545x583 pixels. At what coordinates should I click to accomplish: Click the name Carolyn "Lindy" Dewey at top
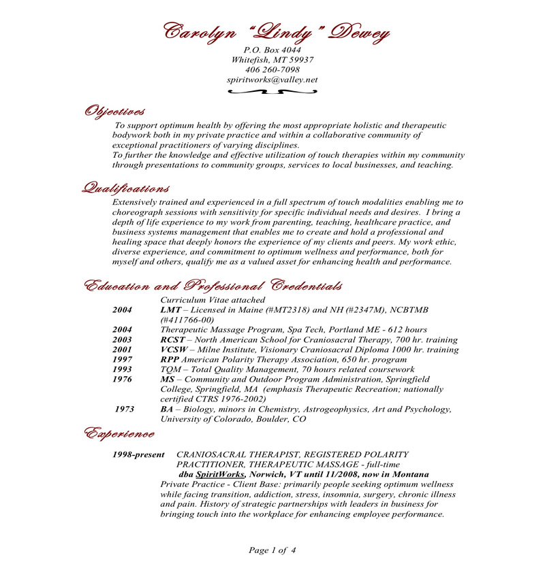coord(276,31)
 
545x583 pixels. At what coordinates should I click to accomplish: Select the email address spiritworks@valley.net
coord(272,80)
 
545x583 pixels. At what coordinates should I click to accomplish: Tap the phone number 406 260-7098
coord(272,69)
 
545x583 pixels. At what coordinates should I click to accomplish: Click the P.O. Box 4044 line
coord(272,50)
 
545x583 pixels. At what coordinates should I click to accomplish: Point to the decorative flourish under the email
coord(272,91)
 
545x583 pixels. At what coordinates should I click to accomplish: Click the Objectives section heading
coord(114,111)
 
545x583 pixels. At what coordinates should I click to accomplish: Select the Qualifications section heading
coord(125,188)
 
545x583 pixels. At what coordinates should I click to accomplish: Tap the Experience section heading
coord(119,433)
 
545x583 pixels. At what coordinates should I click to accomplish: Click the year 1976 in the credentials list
coord(123,379)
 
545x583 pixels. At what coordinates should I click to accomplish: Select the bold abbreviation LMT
coord(171,310)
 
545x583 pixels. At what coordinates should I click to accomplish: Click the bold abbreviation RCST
coord(174,339)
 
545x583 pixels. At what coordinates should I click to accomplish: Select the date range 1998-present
coord(139,454)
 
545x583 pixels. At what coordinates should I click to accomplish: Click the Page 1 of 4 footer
coord(272,550)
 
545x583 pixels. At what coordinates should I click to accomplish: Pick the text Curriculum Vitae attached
coord(213,300)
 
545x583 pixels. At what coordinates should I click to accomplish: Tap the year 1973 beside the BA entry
coord(125,410)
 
